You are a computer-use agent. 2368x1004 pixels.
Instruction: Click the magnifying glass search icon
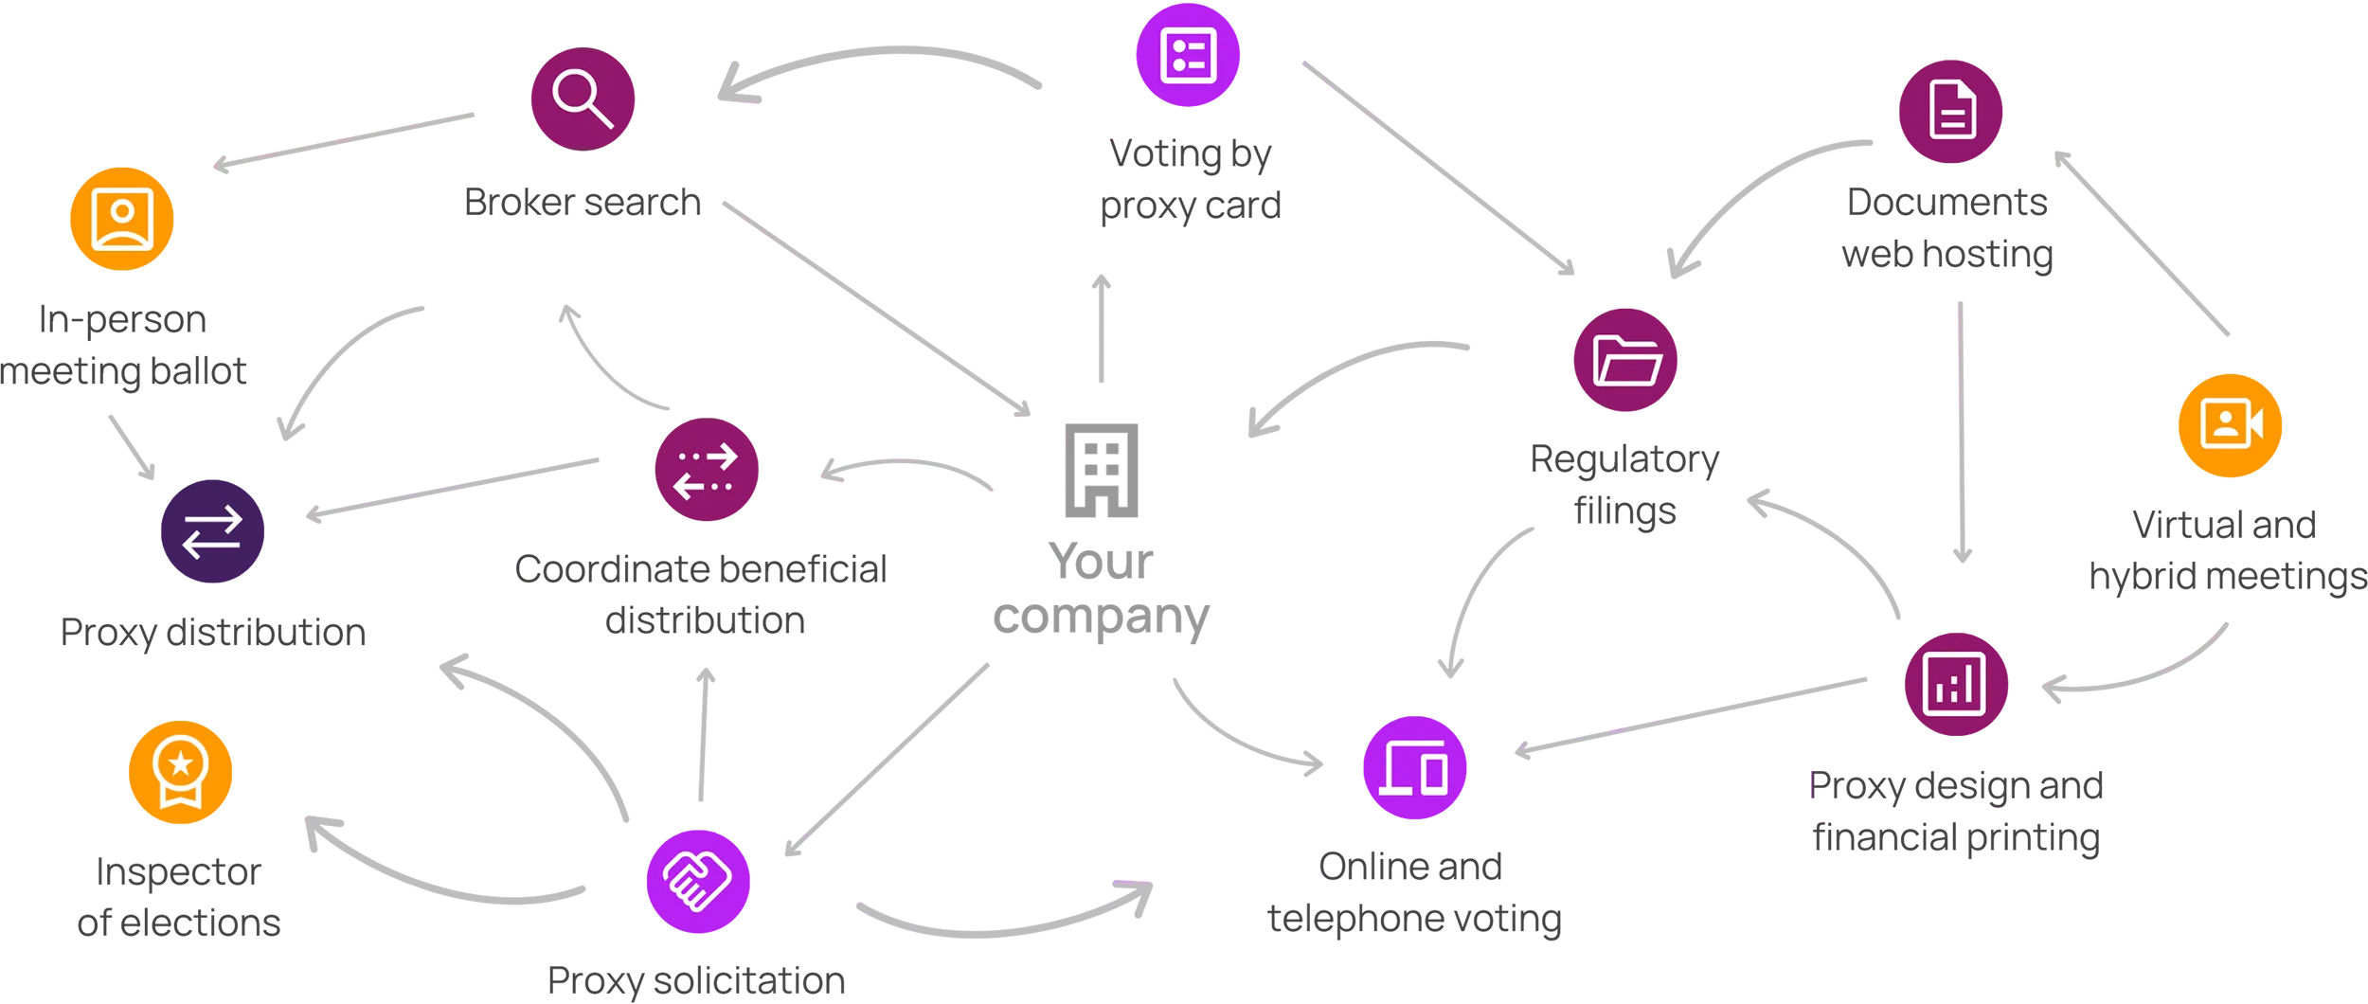[582, 98]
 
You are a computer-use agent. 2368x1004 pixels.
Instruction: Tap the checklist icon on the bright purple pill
[1188, 56]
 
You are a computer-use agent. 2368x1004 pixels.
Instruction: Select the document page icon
[1952, 111]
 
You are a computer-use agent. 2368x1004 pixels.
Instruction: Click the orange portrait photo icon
[122, 219]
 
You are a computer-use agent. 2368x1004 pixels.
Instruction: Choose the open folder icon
[1626, 361]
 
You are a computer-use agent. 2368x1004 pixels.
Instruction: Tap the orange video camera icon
[2232, 422]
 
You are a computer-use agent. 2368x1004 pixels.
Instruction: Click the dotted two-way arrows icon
[705, 471]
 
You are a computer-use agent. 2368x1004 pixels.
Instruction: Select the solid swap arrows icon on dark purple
[212, 531]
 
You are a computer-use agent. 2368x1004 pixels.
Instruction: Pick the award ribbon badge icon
[180, 771]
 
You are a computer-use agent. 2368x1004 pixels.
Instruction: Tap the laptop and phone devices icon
[1413, 767]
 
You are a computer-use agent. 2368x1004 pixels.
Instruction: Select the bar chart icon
[1953, 684]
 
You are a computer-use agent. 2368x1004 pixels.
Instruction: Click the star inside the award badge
[180, 762]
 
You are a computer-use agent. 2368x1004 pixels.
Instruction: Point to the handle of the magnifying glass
[601, 117]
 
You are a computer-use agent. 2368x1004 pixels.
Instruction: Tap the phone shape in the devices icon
[1433, 773]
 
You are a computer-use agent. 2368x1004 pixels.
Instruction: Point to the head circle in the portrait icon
[122, 210]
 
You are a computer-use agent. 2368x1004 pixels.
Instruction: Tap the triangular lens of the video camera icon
[2256, 423]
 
